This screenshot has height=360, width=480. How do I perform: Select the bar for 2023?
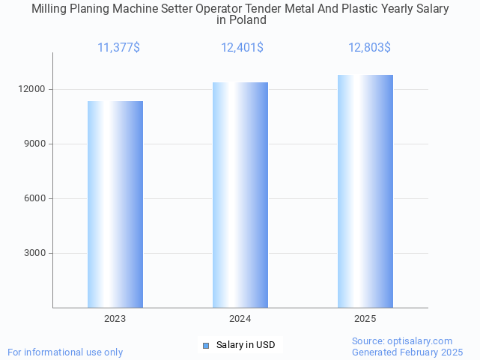tap(115, 204)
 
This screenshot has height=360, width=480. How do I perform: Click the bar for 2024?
tap(240, 195)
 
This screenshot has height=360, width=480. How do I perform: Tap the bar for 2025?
tap(365, 191)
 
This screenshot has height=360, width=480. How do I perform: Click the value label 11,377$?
tap(118, 48)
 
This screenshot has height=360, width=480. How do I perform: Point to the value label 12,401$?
tap(242, 48)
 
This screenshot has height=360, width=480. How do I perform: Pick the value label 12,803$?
tap(369, 48)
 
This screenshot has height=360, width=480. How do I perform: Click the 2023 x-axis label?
tap(115, 319)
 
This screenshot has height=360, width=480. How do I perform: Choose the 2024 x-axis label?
tap(240, 319)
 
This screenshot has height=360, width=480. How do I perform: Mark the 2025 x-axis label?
tap(365, 319)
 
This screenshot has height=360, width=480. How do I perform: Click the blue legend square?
tap(207, 345)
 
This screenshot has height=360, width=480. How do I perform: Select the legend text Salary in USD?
tap(246, 345)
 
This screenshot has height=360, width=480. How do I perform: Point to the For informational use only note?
tap(65, 352)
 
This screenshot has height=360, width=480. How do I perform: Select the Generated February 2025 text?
tap(407, 352)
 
